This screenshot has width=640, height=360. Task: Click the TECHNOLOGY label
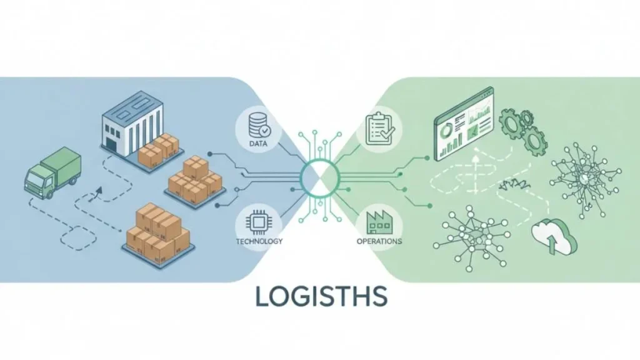tap(259, 241)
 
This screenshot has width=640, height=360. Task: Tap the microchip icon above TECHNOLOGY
tap(258, 222)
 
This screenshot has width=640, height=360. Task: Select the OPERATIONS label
tap(379, 241)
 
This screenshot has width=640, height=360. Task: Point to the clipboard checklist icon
tap(379, 129)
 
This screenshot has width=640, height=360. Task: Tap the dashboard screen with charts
tap(464, 126)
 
